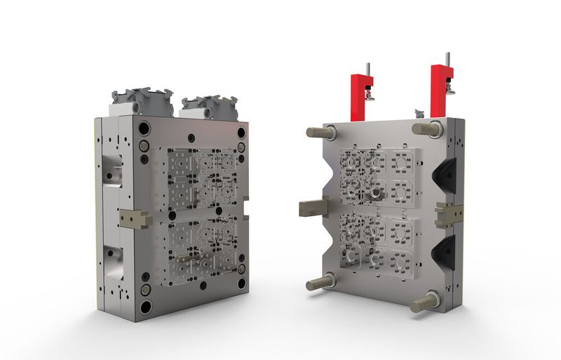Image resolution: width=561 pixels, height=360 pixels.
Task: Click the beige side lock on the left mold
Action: (135, 218)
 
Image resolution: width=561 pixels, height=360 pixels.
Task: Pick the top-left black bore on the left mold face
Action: (144, 129)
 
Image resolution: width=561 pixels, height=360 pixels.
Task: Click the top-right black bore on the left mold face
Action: (241, 132)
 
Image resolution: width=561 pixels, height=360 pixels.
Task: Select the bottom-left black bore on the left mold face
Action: (144, 306)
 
